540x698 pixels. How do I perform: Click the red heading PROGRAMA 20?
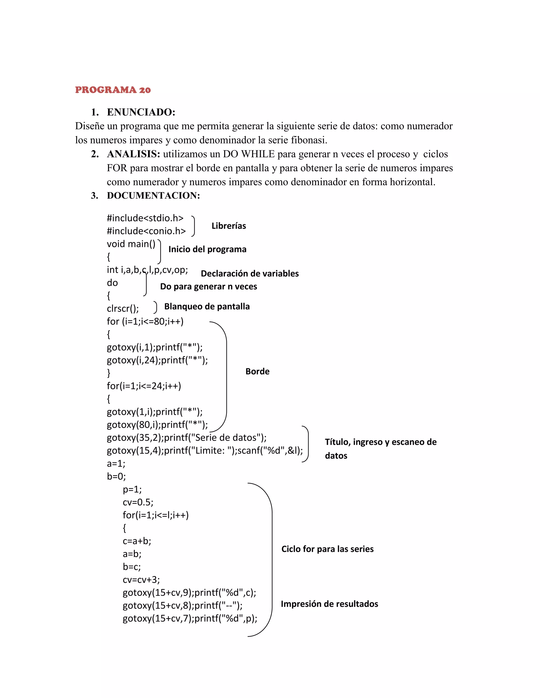(113, 90)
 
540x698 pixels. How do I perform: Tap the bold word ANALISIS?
(133, 154)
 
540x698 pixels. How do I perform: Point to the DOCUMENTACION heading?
(153, 196)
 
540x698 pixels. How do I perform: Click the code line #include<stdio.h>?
(145, 218)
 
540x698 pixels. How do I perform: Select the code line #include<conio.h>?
(146, 231)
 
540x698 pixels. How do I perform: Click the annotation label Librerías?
(228, 226)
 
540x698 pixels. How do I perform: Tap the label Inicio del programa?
(207, 249)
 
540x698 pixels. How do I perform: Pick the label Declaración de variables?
(249, 274)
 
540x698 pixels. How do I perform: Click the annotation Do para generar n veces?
(208, 286)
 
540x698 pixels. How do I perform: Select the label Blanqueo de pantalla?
(207, 307)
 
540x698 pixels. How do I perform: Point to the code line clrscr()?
(123, 308)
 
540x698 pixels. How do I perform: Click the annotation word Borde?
(257, 371)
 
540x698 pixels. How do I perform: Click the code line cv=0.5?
(138, 502)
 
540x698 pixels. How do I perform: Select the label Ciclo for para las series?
(327, 549)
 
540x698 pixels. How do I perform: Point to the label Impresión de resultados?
(329, 604)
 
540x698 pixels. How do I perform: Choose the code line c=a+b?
(137, 541)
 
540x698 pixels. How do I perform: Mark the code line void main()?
(131, 244)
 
